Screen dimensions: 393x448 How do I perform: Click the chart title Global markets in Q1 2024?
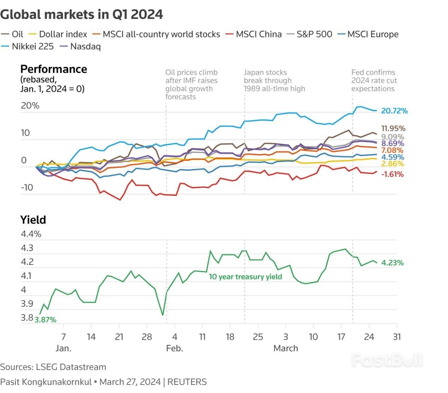pos(82,14)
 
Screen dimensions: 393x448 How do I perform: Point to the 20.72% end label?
pos(394,111)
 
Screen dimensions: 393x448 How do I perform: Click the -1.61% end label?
pos(392,174)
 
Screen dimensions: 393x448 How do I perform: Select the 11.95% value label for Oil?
pos(393,128)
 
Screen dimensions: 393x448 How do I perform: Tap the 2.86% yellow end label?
pos(392,164)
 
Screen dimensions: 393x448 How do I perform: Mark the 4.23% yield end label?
pos(392,262)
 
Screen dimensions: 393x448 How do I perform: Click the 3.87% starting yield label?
pos(45,320)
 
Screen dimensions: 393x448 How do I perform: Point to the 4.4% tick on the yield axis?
pos(31,234)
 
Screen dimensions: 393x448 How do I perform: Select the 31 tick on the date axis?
pos(397,337)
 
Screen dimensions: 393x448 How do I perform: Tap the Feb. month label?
pos(175,348)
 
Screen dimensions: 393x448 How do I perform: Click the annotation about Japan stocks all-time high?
pos(274,80)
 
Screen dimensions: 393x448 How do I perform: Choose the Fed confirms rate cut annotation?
pos(374,80)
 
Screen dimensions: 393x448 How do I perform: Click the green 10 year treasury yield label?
pos(245,277)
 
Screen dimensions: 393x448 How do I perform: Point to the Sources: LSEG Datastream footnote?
pos(53,367)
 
